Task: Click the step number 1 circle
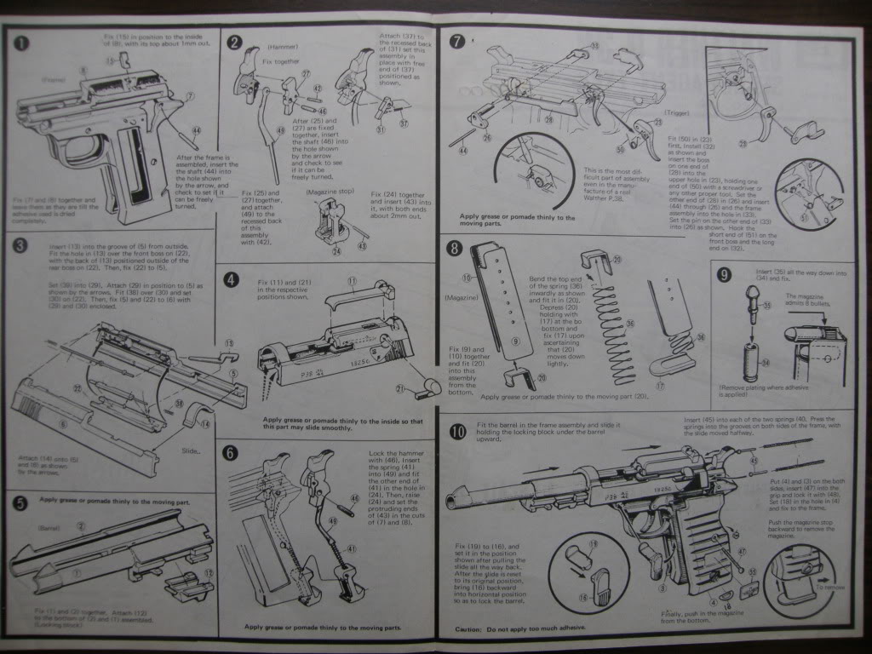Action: [20, 42]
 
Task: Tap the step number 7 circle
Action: [457, 40]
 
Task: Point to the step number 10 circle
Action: [457, 432]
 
